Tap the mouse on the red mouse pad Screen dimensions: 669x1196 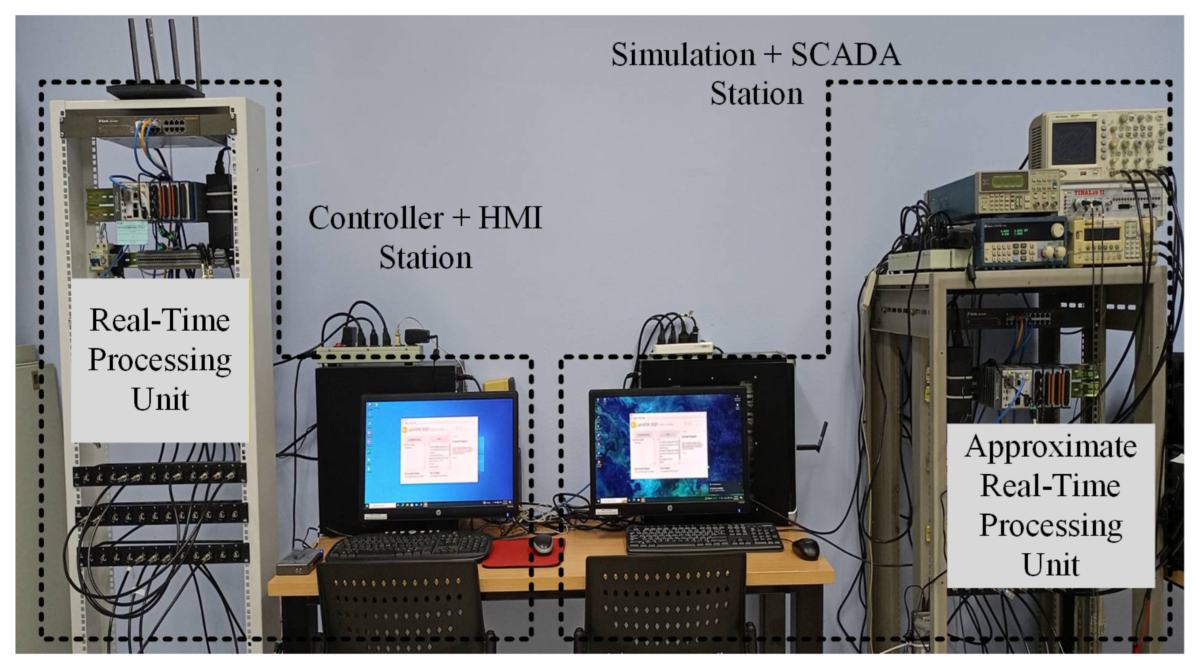542,543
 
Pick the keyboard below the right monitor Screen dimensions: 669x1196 703,537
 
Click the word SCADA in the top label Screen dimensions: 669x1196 846,55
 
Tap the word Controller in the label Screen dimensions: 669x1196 376,218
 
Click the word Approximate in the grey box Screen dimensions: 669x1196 1050,447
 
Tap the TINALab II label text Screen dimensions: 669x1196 1089,192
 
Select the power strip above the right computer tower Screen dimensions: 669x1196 682,347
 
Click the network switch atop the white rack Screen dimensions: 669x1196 149,124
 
